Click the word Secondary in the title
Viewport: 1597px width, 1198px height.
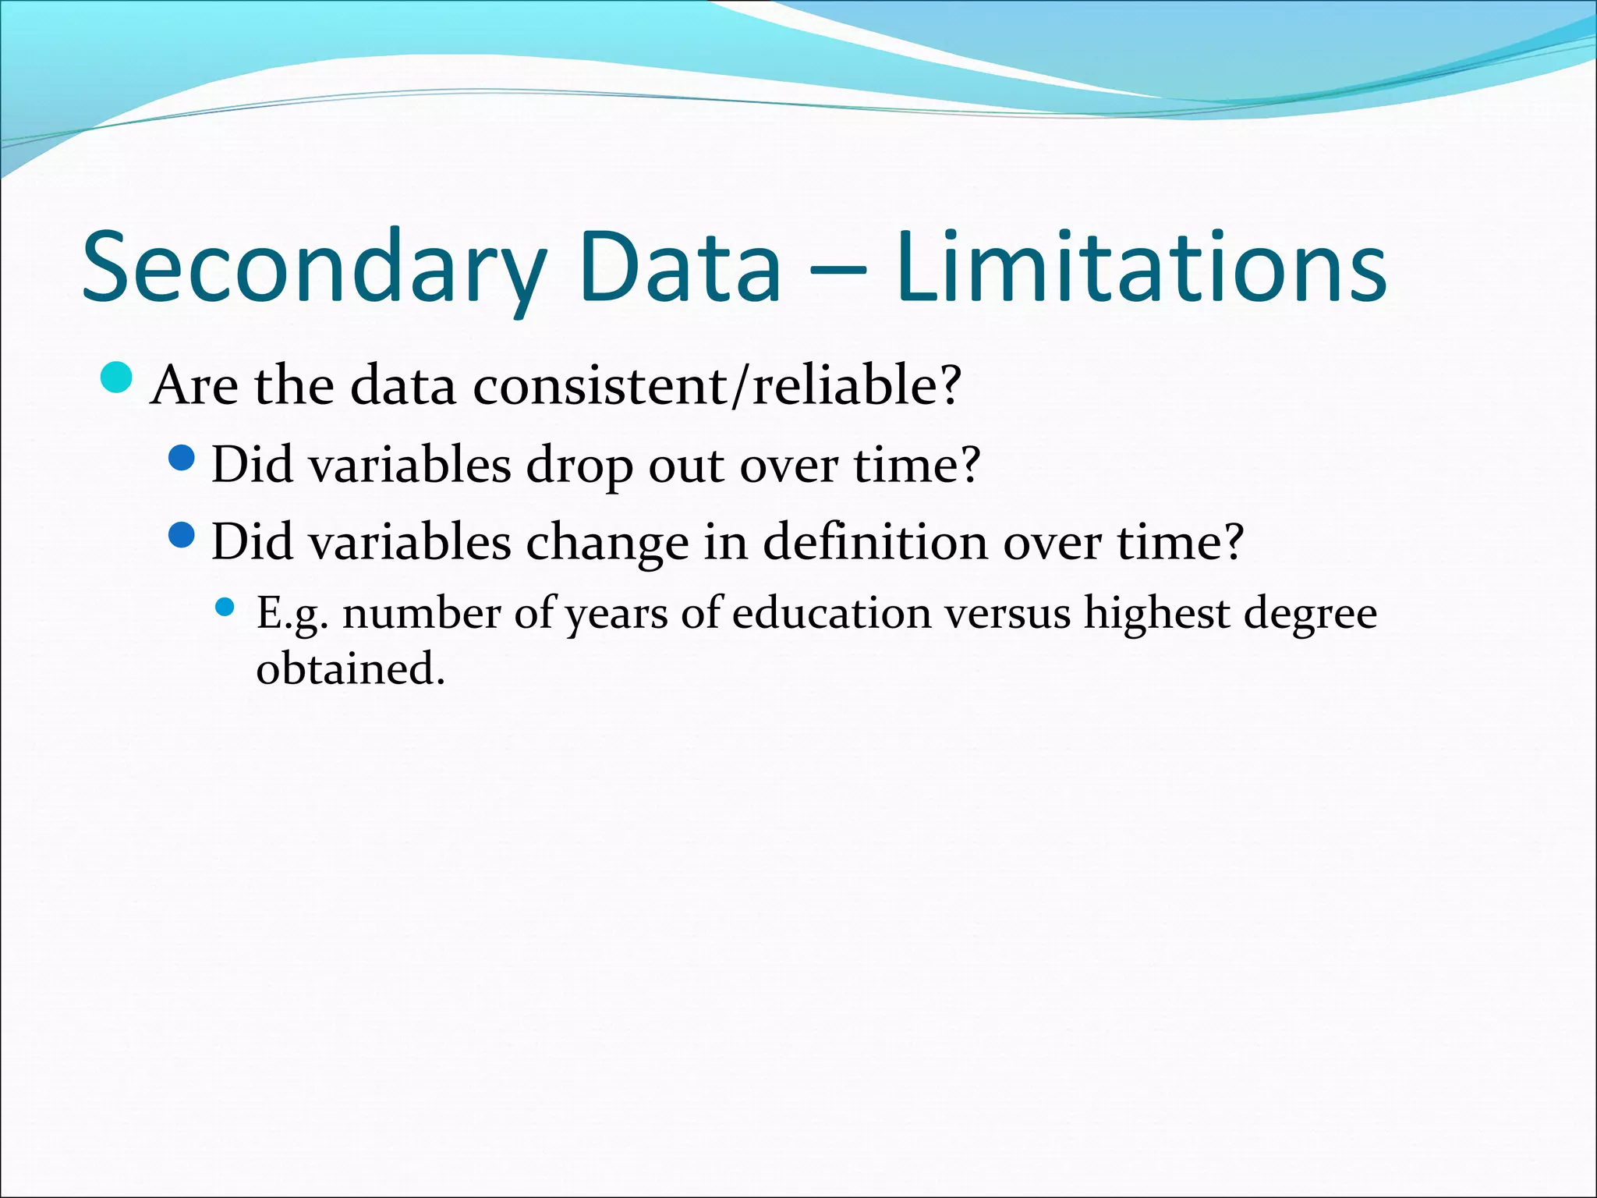pos(312,267)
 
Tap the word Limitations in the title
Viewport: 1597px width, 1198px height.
pos(1141,267)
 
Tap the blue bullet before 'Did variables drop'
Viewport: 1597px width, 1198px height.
pos(181,458)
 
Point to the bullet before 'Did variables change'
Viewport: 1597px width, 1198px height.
pos(181,535)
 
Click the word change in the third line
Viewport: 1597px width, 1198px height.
pos(607,542)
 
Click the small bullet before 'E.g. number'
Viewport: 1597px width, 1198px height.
pos(225,607)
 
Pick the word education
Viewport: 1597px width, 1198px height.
pos(832,613)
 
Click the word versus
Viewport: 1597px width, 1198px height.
pos(1007,613)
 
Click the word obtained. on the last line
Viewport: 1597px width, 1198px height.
pos(351,669)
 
